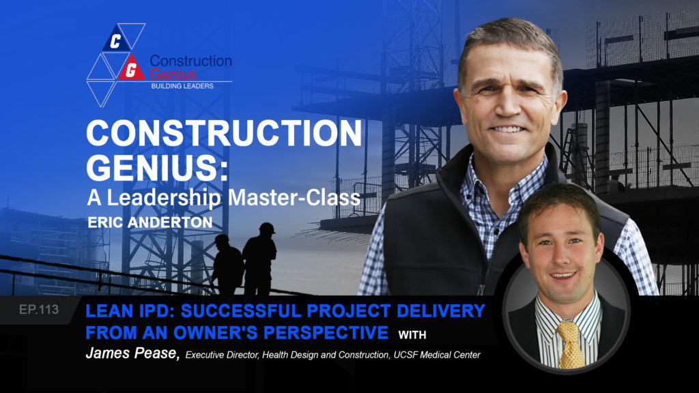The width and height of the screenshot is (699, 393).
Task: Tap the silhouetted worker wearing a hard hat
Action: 260,256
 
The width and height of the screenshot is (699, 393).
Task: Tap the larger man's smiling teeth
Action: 508,128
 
